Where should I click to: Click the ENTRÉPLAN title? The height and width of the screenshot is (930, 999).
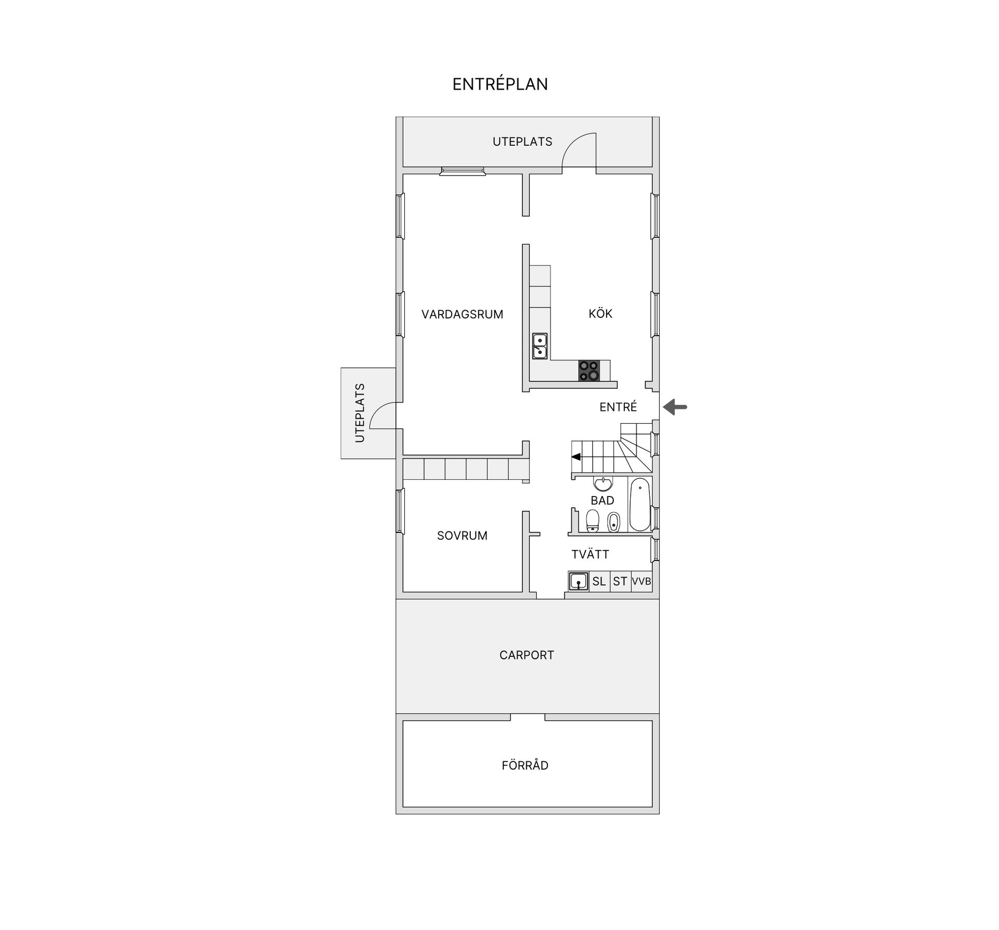click(x=500, y=84)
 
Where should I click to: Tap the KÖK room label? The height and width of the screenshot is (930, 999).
click(x=600, y=313)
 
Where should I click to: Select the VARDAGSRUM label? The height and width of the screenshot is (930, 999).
click(x=462, y=314)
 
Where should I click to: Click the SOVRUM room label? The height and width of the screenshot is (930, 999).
click(x=462, y=536)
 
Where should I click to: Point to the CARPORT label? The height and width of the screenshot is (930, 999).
click(x=527, y=655)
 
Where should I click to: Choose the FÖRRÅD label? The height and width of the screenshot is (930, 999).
click(x=525, y=765)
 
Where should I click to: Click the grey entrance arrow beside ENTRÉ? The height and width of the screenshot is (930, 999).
click(x=675, y=406)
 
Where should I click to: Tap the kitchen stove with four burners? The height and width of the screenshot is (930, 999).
click(x=589, y=371)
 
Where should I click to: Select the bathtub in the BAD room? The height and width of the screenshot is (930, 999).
click(x=640, y=504)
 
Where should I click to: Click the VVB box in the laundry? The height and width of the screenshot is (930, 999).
click(x=642, y=581)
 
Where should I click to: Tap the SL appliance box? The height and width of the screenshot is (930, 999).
click(x=599, y=581)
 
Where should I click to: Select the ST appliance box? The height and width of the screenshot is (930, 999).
click(x=620, y=581)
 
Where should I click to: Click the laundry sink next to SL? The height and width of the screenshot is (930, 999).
click(x=579, y=581)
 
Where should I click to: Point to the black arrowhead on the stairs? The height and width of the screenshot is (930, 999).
click(x=576, y=457)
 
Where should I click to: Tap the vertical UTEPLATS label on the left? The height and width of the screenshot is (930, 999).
click(x=360, y=413)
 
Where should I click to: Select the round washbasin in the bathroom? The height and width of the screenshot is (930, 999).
click(x=603, y=484)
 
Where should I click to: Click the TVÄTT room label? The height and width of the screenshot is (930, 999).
click(x=590, y=554)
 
